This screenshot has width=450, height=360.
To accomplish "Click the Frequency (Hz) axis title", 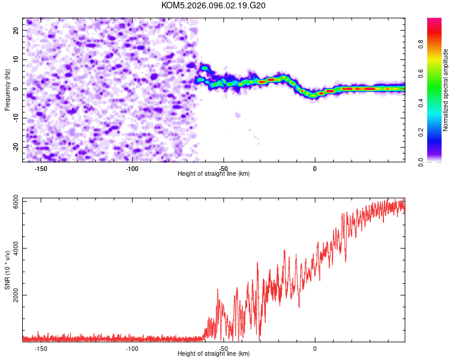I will pyautogui.click(x=8, y=89).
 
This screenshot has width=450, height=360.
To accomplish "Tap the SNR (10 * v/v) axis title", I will pyautogui.click(x=8, y=270).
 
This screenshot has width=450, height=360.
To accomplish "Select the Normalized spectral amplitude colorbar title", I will pyautogui.click(x=446, y=90).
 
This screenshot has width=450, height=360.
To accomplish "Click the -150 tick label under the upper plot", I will pyautogui.click(x=41, y=169).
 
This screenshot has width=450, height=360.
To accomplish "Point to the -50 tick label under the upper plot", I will pyautogui.click(x=223, y=169).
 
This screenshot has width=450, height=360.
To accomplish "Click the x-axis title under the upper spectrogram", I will pyautogui.click(x=214, y=174).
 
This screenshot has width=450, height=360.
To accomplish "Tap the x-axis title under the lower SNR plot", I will pyautogui.click(x=214, y=354).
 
